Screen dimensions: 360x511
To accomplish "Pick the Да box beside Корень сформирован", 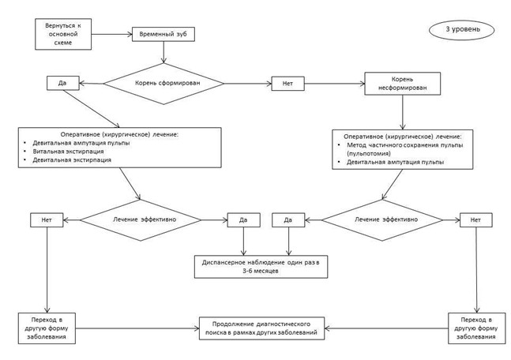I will point(61,81).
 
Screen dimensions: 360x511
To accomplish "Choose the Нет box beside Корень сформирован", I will point(286,81).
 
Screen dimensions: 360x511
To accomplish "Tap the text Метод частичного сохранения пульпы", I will point(396,145).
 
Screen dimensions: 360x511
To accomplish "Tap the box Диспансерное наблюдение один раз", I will point(260,264).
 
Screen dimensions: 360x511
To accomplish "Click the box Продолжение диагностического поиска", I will point(263,328).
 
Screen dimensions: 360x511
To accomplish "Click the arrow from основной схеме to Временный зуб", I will point(111,35).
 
